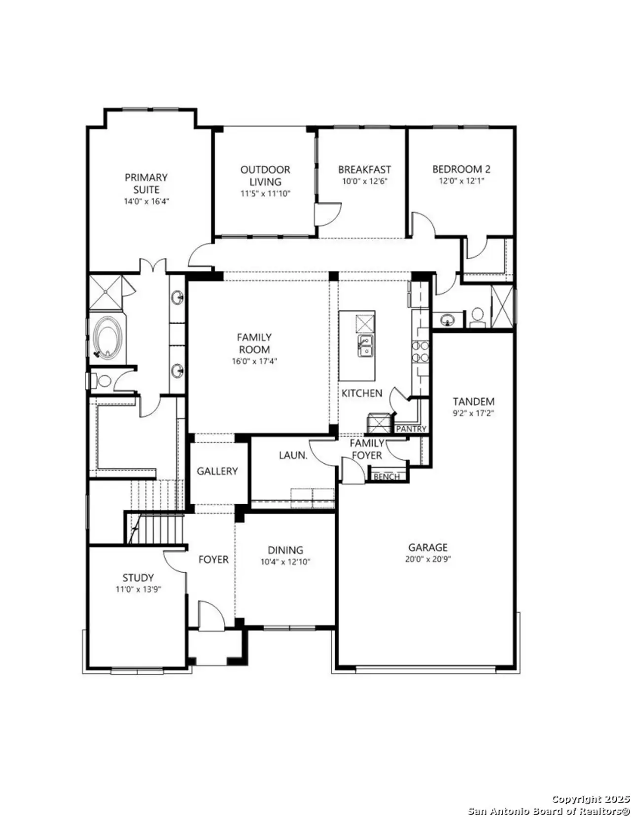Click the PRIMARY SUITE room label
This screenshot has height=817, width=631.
[x=146, y=183]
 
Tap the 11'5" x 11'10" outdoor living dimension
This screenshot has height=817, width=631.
[x=265, y=194]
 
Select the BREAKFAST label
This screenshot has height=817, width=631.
[x=364, y=169]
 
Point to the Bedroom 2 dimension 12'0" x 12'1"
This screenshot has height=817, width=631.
[x=461, y=181]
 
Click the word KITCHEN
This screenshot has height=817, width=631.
[x=362, y=393]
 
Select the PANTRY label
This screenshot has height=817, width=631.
[x=411, y=429]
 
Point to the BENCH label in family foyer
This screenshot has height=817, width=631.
[x=387, y=477]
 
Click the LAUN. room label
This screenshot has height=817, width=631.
[x=293, y=455]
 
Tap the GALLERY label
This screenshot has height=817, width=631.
[x=217, y=471]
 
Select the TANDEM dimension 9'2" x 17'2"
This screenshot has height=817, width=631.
[x=473, y=414]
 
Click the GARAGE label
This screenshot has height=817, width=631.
[x=427, y=547]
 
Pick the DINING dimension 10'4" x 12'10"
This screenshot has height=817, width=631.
[x=285, y=562]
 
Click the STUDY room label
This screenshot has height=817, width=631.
[x=138, y=577]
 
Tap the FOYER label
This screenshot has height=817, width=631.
[x=213, y=559]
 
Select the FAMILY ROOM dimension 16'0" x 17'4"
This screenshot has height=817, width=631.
[x=254, y=361]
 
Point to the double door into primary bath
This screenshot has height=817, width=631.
[x=153, y=266]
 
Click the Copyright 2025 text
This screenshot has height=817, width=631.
[x=591, y=799]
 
